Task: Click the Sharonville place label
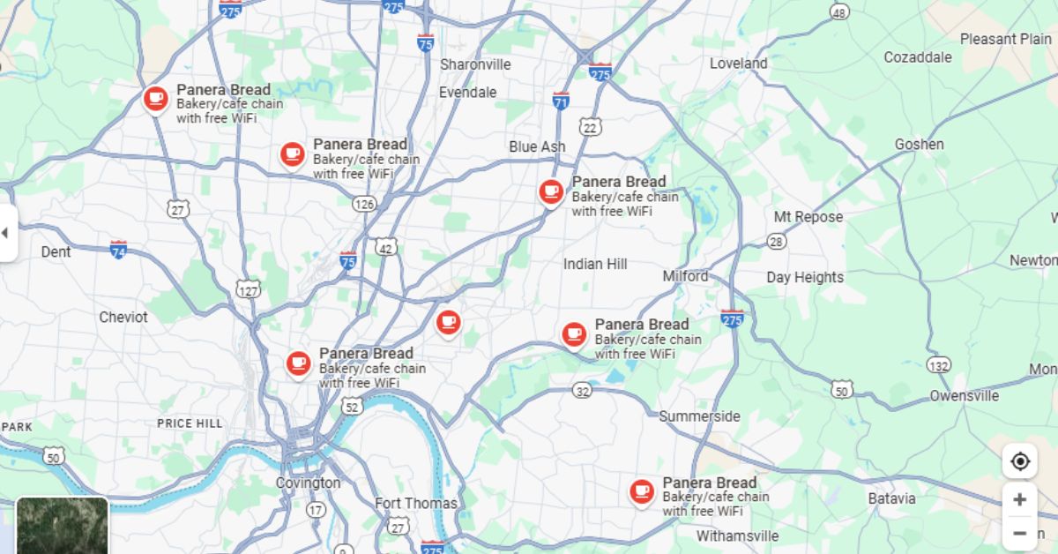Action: pos(475,64)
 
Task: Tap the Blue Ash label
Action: pos(537,146)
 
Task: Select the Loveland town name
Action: pos(738,64)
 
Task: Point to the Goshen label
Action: pos(919,144)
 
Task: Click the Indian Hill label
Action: pos(595,264)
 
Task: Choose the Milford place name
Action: pos(685,276)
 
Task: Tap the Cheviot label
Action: pos(123,317)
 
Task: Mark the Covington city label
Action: pos(308,483)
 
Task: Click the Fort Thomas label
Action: pos(416,503)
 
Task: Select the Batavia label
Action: pos(891,498)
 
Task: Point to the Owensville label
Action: pos(964,396)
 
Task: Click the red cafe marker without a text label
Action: pos(448,321)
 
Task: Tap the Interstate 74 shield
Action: pos(118,249)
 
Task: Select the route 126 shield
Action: pos(363,204)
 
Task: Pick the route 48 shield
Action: pos(839,11)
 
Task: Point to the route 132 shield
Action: pos(939,365)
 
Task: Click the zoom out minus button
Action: pos(1020,533)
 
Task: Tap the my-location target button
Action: pos(1020,461)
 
